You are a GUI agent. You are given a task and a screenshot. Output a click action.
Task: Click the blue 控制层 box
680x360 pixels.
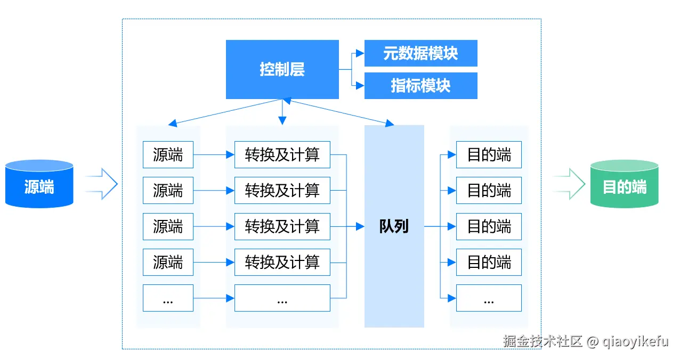(x=282, y=69)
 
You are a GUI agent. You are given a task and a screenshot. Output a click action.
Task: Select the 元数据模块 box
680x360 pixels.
(x=420, y=53)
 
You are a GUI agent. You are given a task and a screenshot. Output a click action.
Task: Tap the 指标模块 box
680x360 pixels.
(x=420, y=86)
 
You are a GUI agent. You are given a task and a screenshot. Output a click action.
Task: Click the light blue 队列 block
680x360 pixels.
(x=394, y=226)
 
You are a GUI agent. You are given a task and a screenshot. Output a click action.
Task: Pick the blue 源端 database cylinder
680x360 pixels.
(x=39, y=184)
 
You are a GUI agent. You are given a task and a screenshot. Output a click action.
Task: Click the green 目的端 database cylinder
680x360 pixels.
(x=625, y=184)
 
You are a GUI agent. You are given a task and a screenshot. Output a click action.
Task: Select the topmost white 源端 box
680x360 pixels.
(x=168, y=154)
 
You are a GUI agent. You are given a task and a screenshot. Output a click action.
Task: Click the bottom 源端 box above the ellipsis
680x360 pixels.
(x=168, y=262)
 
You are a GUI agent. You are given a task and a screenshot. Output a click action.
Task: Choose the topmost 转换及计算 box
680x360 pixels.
(x=282, y=154)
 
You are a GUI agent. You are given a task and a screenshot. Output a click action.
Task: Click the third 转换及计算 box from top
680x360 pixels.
(x=282, y=226)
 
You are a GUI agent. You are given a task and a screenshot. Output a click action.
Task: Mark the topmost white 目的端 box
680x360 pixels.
(x=489, y=154)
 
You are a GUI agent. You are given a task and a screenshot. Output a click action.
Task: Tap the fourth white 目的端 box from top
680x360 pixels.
(x=489, y=262)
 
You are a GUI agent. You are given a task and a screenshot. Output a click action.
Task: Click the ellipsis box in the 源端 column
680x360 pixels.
(x=168, y=298)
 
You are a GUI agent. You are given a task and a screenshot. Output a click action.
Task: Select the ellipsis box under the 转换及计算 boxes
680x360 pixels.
(x=282, y=298)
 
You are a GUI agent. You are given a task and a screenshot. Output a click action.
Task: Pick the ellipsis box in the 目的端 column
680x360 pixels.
(x=489, y=298)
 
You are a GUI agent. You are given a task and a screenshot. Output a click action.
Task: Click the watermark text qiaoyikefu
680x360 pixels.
(x=636, y=341)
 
